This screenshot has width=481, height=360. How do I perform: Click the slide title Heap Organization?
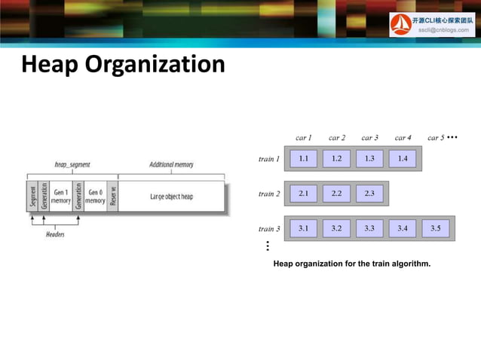(122, 65)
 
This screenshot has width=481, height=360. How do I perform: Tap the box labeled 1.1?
(303, 159)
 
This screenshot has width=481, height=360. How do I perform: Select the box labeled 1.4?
(403, 159)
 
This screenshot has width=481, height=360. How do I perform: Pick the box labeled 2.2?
(336, 194)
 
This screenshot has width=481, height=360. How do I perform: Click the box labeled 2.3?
(369, 194)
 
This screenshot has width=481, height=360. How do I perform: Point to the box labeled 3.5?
(436, 228)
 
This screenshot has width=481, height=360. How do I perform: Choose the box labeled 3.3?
(369, 228)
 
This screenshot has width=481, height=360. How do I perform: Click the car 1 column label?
(304, 138)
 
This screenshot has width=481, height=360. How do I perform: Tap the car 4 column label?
(403, 138)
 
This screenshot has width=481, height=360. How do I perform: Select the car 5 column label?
(436, 138)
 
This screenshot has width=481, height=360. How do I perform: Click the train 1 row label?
(268, 159)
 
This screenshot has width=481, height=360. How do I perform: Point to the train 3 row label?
(268, 228)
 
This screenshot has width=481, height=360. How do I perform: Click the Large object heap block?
(171, 197)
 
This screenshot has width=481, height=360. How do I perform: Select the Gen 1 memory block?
(60, 197)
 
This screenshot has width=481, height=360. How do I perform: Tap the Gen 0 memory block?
(94, 197)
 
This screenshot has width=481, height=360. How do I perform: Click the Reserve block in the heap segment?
(112, 197)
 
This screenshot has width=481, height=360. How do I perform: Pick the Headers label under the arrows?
(54, 234)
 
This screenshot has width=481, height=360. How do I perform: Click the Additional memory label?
(171, 164)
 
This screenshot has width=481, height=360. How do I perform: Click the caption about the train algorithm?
(351, 264)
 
